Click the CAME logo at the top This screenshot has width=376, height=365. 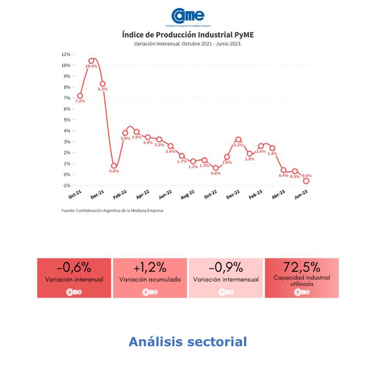pyautogui.click(x=188, y=16)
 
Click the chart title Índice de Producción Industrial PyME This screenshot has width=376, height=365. pyautogui.click(x=188, y=35)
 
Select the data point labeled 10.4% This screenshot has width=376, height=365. pyautogui.click(x=91, y=61)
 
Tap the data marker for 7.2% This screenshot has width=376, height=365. pyautogui.click(x=80, y=96)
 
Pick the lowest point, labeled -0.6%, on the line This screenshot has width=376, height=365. pyautogui.click(x=306, y=181)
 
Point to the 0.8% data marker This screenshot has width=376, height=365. pyautogui.click(x=114, y=166)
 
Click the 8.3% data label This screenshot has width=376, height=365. pyautogui.click(x=102, y=89)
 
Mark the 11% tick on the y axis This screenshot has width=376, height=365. pyautogui.click(x=66, y=54)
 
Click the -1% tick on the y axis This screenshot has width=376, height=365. pyautogui.click(x=66, y=185)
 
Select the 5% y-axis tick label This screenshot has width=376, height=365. pyautogui.click(x=66, y=120)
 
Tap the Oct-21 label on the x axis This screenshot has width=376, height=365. pyautogui.click(x=75, y=194)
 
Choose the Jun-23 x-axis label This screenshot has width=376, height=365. pyautogui.click(x=301, y=194)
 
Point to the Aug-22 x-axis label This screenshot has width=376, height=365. pyautogui.click(x=188, y=194)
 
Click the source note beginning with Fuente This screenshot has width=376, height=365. pyautogui.click(x=112, y=211)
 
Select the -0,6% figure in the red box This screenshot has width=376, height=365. pyautogui.click(x=74, y=267)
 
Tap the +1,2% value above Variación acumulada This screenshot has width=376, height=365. pyautogui.click(x=150, y=267)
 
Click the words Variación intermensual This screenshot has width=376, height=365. pyautogui.click(x=226, y=279)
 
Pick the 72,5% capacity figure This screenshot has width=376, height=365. pyautogui.click(x=301, y=266)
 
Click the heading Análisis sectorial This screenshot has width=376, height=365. pyautogui.click(x=188, y=342)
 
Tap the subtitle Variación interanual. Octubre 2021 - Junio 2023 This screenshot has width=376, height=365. pyautogui.click(x=188, y=44)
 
